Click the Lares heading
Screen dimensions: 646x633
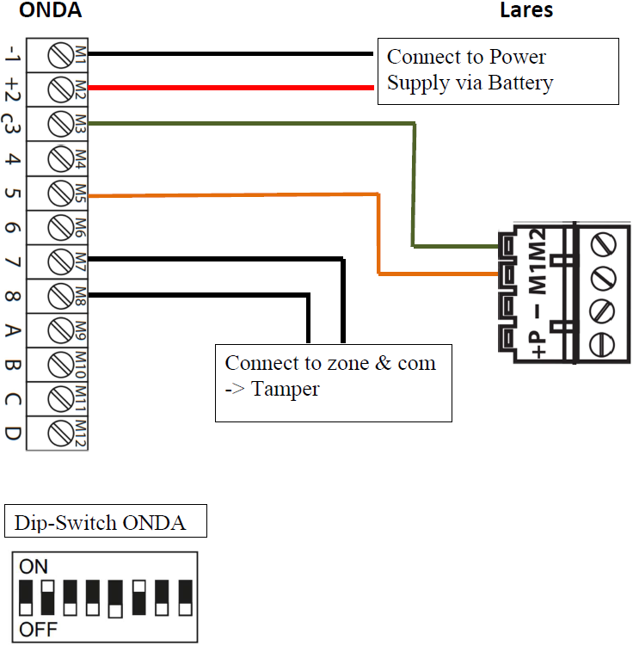[526, 11]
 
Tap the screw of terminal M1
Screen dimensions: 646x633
[60, 54]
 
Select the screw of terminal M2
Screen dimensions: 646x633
[60, 88]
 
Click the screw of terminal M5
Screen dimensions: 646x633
[60, 193]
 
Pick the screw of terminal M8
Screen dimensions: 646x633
[60, 295]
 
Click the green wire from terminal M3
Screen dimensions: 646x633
[258, 124]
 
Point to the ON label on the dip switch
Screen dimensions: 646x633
[34, 566]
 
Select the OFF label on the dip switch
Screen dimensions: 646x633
[38, 630]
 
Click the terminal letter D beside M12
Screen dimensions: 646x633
[13, 431]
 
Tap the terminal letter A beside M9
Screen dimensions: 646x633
[13, 329]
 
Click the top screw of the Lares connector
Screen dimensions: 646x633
[602, 245]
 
